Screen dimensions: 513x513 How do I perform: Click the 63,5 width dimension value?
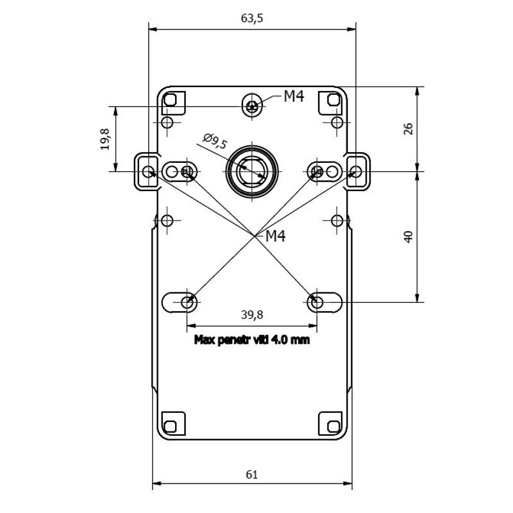[252, 19]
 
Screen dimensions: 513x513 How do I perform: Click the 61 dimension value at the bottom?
[251, 474]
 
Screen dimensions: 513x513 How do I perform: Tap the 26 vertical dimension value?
[408, 129]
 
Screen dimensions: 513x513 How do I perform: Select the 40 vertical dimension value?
[408, 237]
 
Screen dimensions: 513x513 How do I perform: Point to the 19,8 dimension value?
[105, 139]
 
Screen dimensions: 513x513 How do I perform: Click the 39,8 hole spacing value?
[252, 315]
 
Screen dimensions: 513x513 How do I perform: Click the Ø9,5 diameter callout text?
[215, 141]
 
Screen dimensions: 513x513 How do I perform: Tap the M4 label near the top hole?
[294, 96]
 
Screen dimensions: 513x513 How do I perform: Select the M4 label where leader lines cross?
[276, 236]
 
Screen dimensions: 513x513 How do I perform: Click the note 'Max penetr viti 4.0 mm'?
[252, 340]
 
